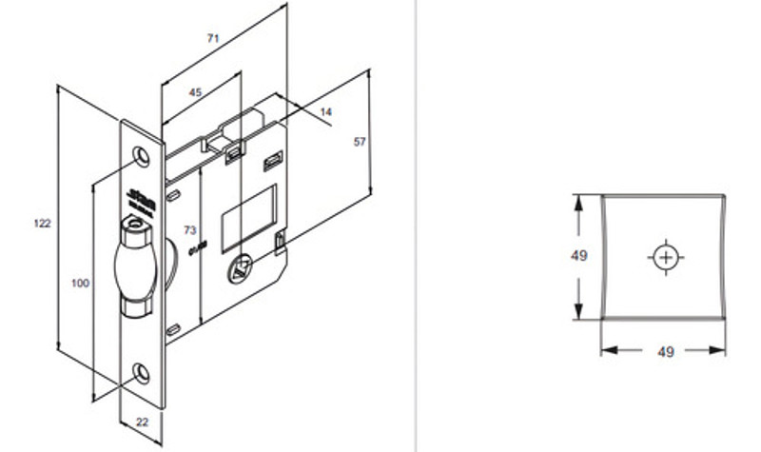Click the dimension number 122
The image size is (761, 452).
pyautogui.click(x=41, y=223)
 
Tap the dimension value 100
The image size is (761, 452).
pyautogui.click(x=81, y=283)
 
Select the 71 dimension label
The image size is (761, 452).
pyautogui.click(x=213, y=38)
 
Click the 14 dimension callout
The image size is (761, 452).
pyautogui.click(x=325, y=112)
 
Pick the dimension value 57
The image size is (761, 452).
pyautogui.click(x=360, y=142)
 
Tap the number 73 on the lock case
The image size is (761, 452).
pyautogui.click(x=188, y=231)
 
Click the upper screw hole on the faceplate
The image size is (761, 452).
pyautogui.click(x=143, y=154)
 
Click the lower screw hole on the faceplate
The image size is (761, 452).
pyautogui.click(x=143, y=371)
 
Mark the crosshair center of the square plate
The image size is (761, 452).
pyautogui.click(x=665, y=257)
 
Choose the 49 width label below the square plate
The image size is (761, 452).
pyautogui.click(x=665, y=352)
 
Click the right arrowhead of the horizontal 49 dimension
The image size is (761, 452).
pyautogui.click(x=723, y=350)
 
